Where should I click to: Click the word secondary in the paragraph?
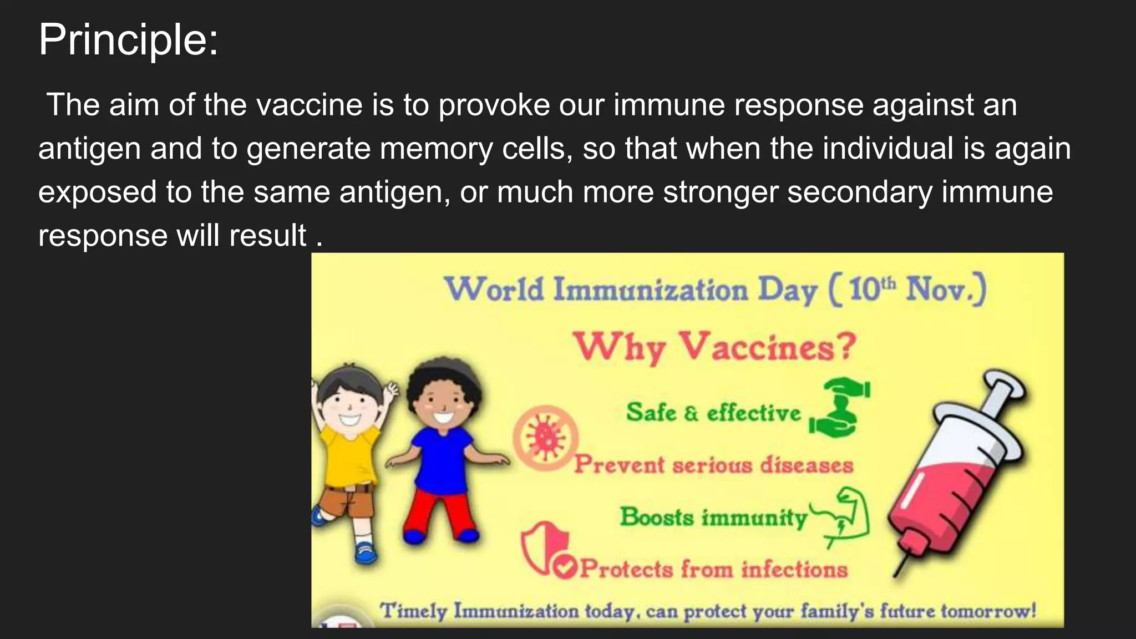pyautogui.click(x=859, y=192)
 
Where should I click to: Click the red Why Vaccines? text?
pyautogui.click(x=714, y=347)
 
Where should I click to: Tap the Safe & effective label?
pyautogui.click(x=713, y=413)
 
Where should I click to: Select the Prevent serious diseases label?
pyautogui.click(x=713, y=464)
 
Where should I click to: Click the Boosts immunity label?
pyautogui.click(x=713, y=517)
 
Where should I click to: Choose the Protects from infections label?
pyautogui.click(x=713, y=569)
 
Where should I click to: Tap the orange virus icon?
pyautogui.click(x=546, y=438)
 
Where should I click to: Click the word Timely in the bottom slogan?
pyautogui.click(x=413, y=611)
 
